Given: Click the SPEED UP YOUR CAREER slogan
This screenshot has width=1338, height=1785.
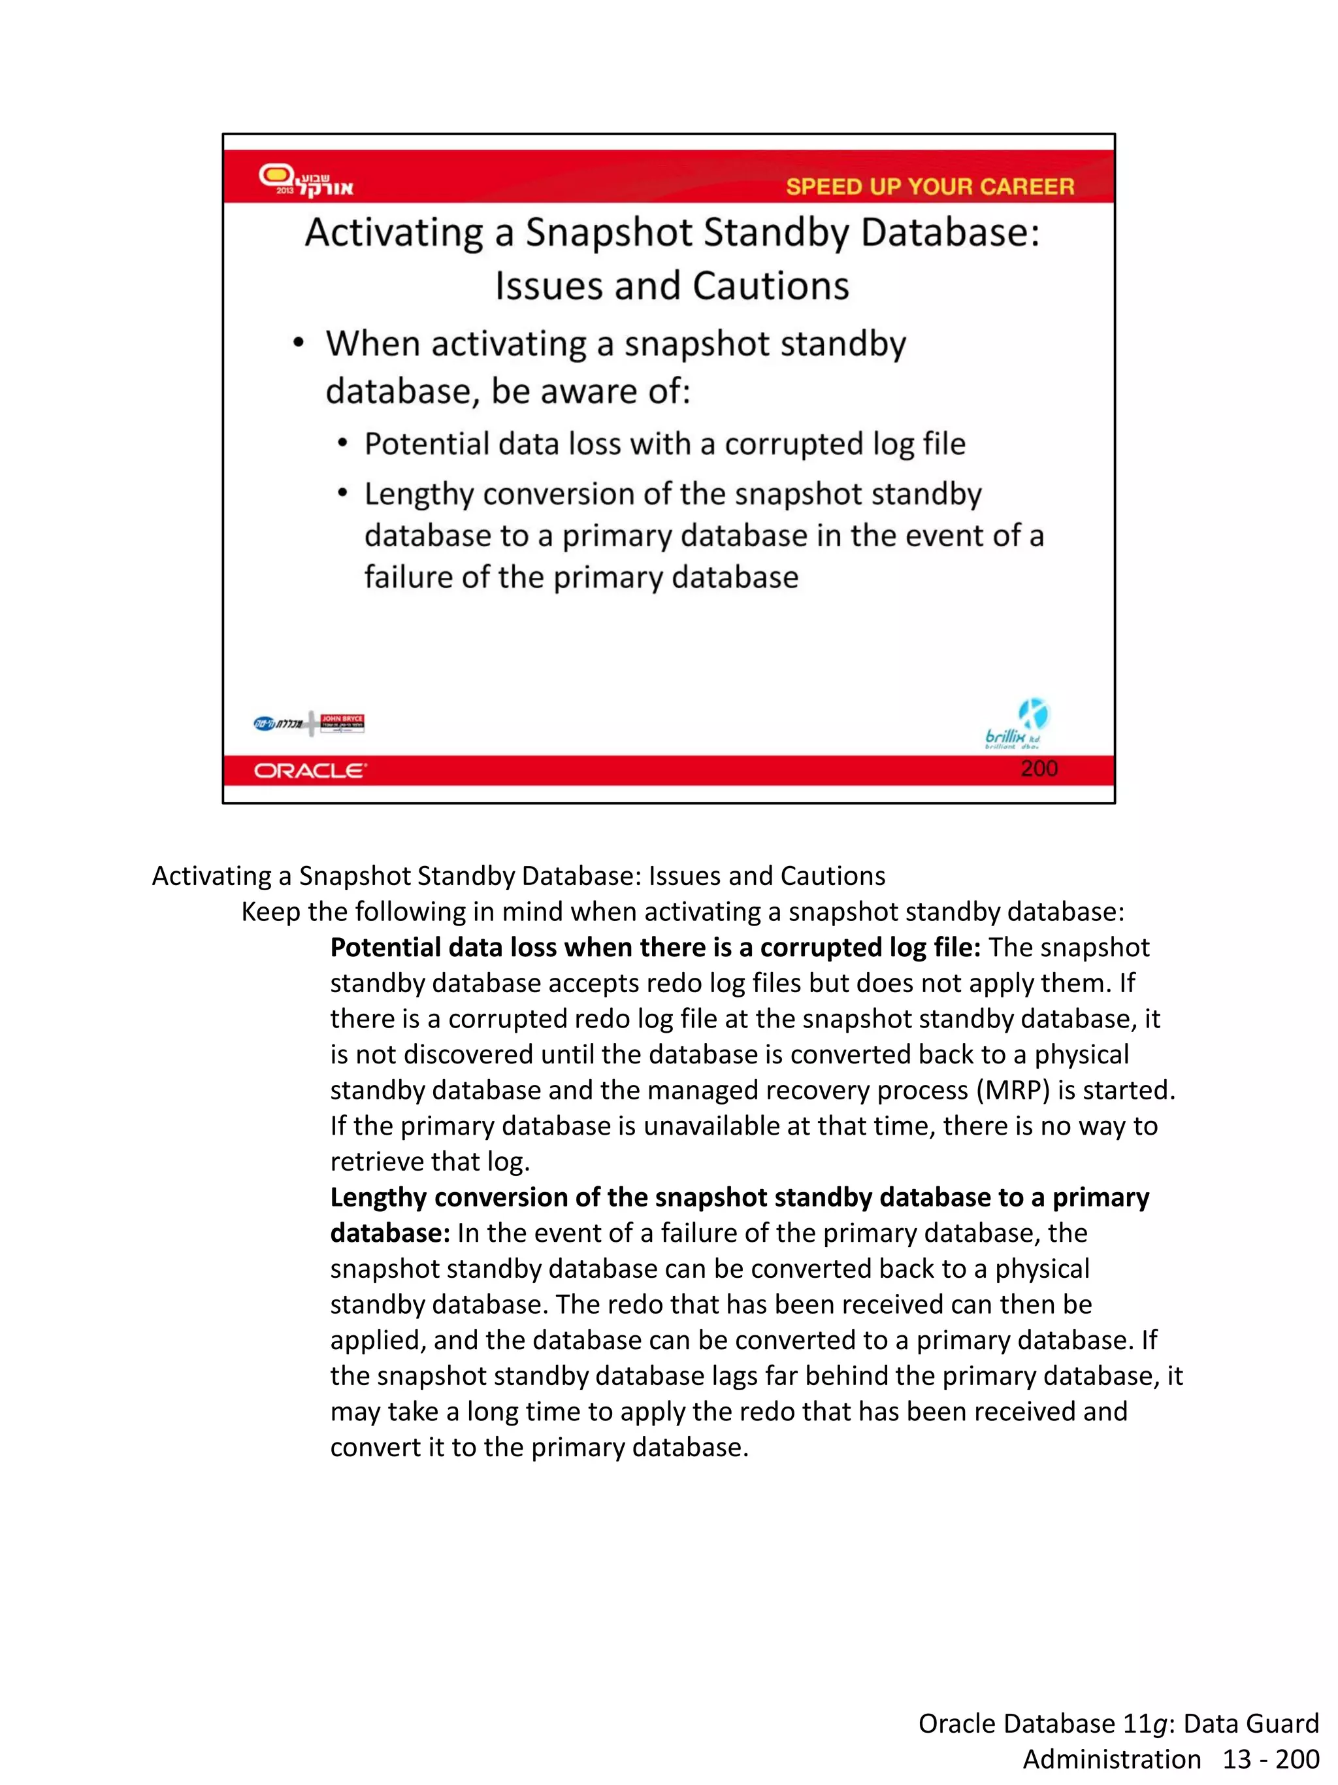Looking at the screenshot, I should point(929,186).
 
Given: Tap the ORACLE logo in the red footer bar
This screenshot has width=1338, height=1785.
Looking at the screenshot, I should point(310,771).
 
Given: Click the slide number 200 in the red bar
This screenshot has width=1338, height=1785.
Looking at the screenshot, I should point(1038,768).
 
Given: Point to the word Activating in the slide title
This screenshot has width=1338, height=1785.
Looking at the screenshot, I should point(393,233).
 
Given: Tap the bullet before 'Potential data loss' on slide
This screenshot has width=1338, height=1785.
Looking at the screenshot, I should point(343,444).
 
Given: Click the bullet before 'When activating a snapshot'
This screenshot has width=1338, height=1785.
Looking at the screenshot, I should point(299,344).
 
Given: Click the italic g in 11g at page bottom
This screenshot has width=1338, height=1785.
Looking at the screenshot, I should point(1159,1724).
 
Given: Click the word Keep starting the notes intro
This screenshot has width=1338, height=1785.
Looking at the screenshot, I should point(270,912).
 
